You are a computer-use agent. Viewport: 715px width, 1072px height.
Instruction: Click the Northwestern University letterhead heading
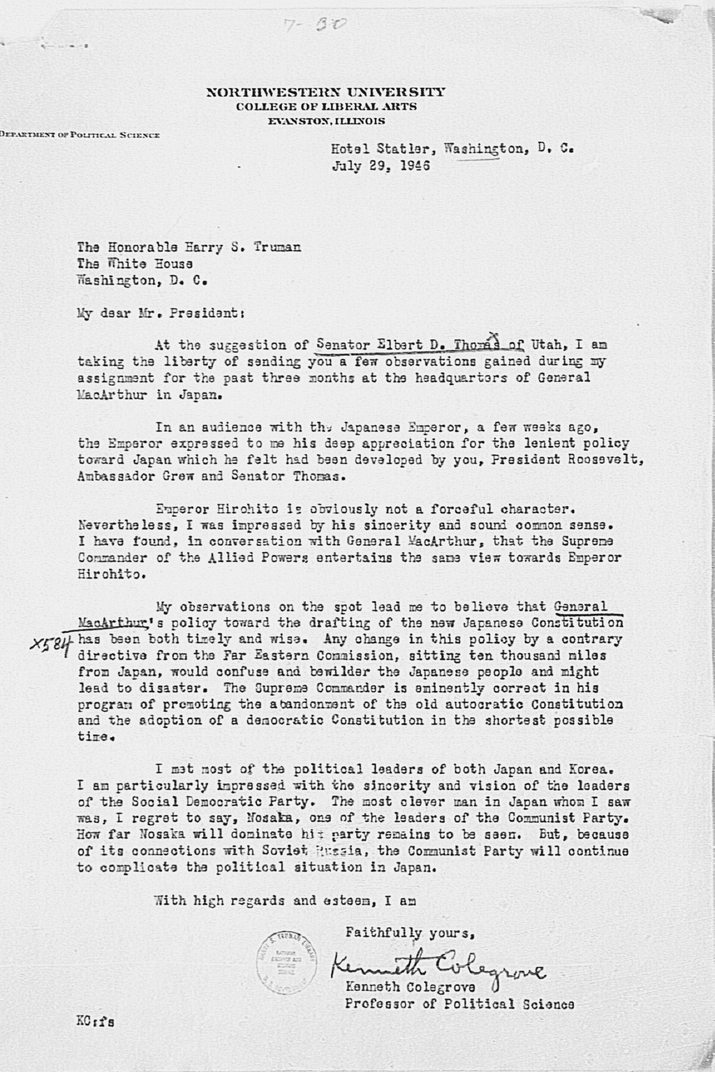click(325, 91)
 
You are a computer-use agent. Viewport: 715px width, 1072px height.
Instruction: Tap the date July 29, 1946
click(381, 166)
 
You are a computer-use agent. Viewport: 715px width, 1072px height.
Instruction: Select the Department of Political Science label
click(80, 134)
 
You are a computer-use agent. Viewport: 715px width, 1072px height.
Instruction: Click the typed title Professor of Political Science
click(459, 1004)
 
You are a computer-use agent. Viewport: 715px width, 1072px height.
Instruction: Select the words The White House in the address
click(135, 264)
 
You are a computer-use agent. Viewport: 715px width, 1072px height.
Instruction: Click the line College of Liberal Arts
click(326, 106)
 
